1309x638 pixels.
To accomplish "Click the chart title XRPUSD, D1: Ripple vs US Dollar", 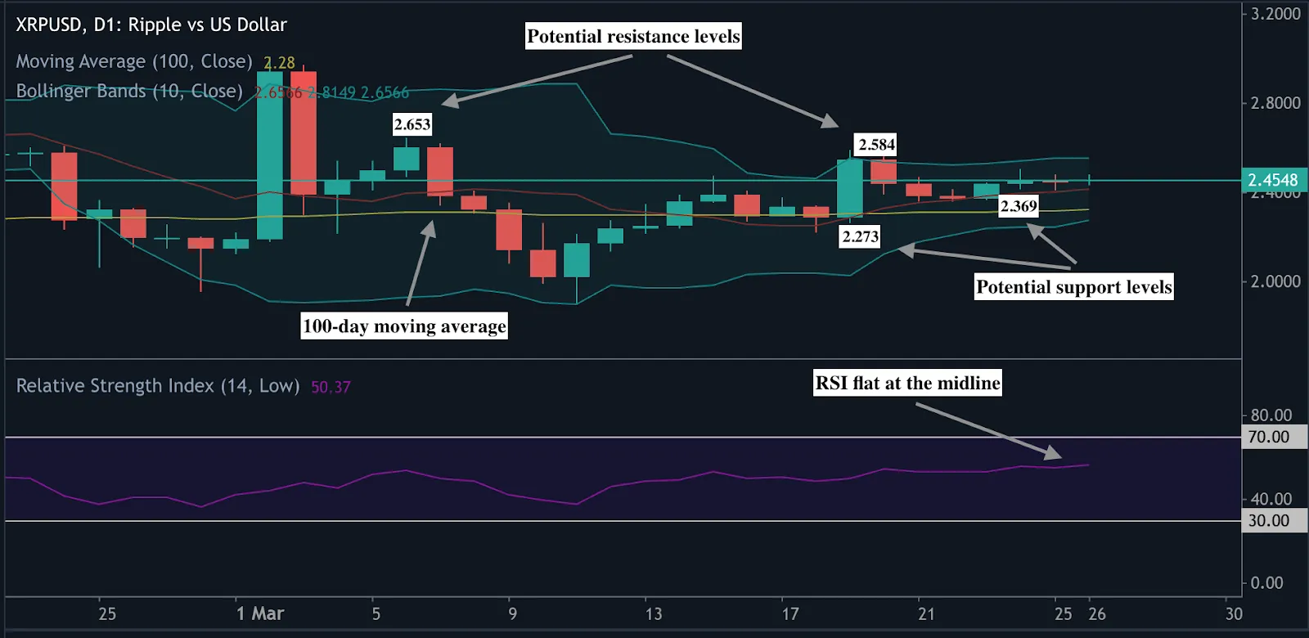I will click(x=151, y=25).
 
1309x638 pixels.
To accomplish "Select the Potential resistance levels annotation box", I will click(x=633, y=36).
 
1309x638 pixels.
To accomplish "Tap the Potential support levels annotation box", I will click(x=1073, y=286).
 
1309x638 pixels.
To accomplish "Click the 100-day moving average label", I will click(x=404, y=326).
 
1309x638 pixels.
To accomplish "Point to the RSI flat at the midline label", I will click(x=907, y=383).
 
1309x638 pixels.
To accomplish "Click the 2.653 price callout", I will click(x=412, y=124).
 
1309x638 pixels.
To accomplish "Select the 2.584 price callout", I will click(x=876, y=145).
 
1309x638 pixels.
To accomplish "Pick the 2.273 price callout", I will click(x=860, y=236).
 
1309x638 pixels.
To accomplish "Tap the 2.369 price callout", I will click(x=1019, y=206).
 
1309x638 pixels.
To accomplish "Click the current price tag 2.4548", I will click(x=1272, y=180).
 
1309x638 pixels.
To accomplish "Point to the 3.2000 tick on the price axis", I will click(x=1275, y=14).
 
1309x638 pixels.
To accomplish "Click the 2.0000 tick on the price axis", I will click(x=1275, y=281).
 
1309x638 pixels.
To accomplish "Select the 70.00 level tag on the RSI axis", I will click(x=1269, y=437).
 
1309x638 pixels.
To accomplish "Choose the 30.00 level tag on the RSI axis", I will click(x=1269, y=520).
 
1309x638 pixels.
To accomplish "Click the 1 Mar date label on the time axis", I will click(x=260, y=613).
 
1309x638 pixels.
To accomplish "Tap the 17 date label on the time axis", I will click(x=789, y=613).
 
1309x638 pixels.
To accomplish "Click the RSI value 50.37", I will click(x=331, y=387).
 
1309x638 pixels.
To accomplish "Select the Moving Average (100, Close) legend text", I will click(x=134, y=61).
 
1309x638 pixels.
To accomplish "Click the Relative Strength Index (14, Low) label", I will click(x=158, y=386).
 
